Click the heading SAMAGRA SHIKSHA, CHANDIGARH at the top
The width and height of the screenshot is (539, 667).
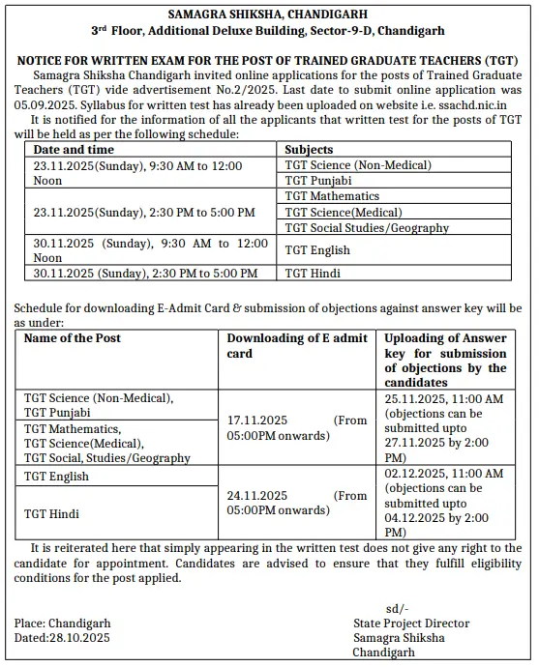268,14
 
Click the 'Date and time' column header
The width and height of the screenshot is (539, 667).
75,150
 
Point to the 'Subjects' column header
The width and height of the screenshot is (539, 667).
309,150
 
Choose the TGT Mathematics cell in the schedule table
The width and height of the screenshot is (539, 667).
332,196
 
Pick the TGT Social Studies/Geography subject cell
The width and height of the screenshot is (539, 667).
367,228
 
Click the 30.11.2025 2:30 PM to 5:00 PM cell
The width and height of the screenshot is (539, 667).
145,274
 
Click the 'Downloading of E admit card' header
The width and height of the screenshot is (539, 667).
296,345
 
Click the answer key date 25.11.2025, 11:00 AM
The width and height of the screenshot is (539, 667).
443,398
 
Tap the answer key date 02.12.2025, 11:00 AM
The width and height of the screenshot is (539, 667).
443,474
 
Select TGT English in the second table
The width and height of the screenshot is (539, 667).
56,477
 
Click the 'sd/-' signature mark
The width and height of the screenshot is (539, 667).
397,608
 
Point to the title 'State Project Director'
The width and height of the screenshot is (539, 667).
411,623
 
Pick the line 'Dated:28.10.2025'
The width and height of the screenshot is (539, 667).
63,638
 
